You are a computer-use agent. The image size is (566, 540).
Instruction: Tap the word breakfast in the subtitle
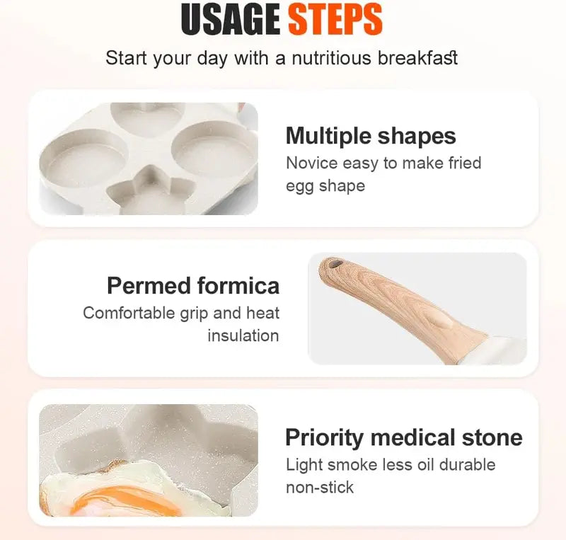[x=417, y=58]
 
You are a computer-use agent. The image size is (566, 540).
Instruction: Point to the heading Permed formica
[x=193, y=285]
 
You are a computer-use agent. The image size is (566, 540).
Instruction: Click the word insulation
[x=243, y=335]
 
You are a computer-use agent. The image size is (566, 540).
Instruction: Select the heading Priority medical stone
[x=403, y=437]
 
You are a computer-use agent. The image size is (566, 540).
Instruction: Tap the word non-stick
[x=320, y=487]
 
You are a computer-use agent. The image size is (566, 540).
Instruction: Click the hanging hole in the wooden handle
[x=335, y=265]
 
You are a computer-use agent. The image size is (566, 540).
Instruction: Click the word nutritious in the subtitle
[x=325, y=58]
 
